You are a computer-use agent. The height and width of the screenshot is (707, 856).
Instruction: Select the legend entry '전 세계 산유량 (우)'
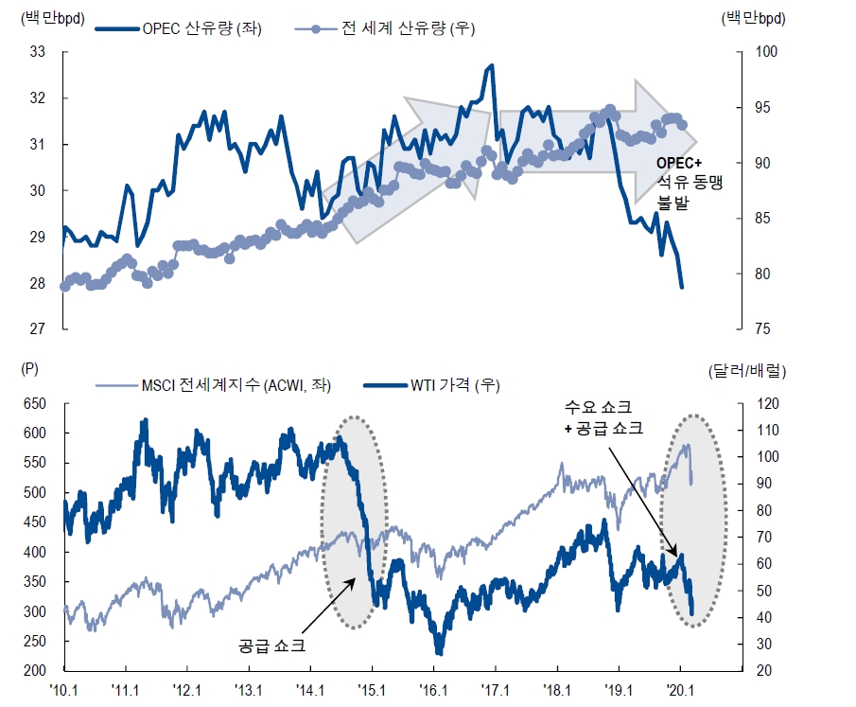pos(408,27)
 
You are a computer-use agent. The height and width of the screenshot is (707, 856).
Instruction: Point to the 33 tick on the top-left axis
pos(39,52)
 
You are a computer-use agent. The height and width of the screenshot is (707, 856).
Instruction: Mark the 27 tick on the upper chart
pos(39,329)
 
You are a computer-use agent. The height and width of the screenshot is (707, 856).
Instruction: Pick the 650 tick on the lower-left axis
pos(35,403)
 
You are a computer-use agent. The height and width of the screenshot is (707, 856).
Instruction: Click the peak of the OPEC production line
pos(491,65)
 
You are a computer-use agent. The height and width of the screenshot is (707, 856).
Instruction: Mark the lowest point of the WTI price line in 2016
pos(440,653)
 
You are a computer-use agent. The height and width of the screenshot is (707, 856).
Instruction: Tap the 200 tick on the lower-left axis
pos(35,670)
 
